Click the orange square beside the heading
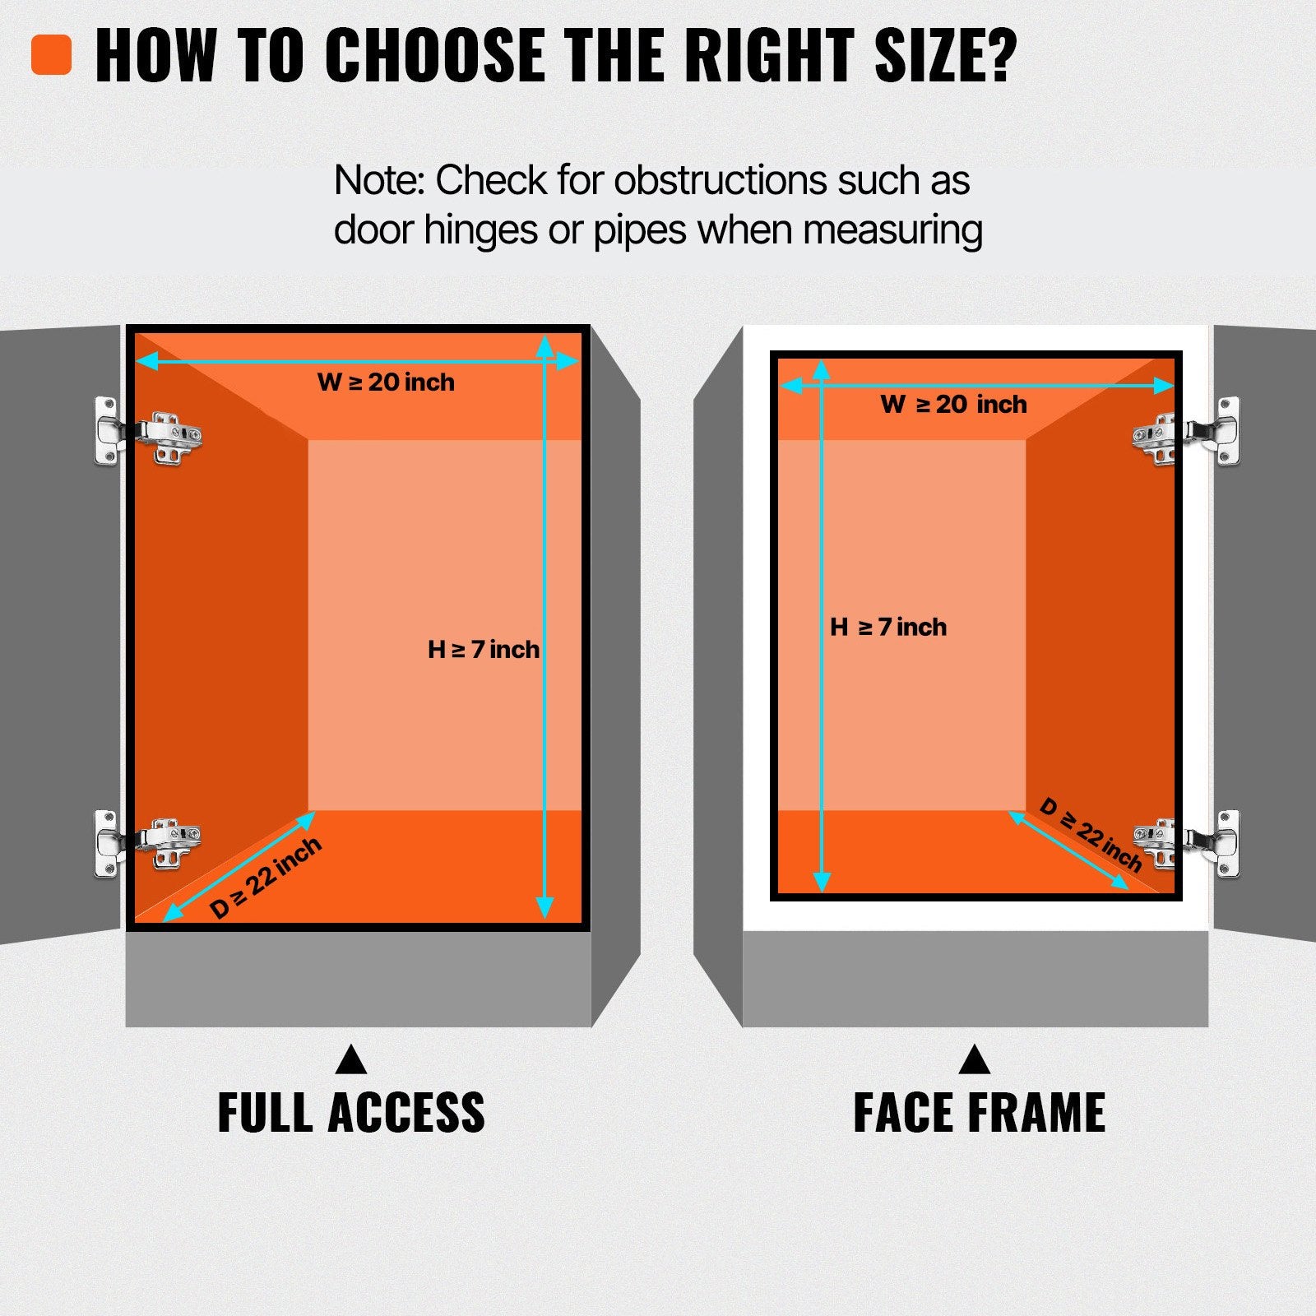point(52,55)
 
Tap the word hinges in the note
point(482,229)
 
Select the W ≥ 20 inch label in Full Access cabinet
point(386,382)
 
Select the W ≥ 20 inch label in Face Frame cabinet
point(953,404)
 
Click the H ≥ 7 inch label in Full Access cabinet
point(484,650)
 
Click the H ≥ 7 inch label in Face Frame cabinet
point(888,627)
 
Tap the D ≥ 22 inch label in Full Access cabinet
point(265,878)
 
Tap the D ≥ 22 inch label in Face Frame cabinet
point(1091,834)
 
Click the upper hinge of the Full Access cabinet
point(148,431)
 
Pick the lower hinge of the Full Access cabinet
point(148,844)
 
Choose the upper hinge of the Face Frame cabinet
point(1186,432)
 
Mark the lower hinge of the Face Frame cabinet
point(1186,844)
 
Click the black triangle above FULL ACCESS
point(351,1059)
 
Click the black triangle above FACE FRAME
point(975,1059)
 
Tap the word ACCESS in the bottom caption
point(406,1113)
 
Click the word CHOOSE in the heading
point(435,56)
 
